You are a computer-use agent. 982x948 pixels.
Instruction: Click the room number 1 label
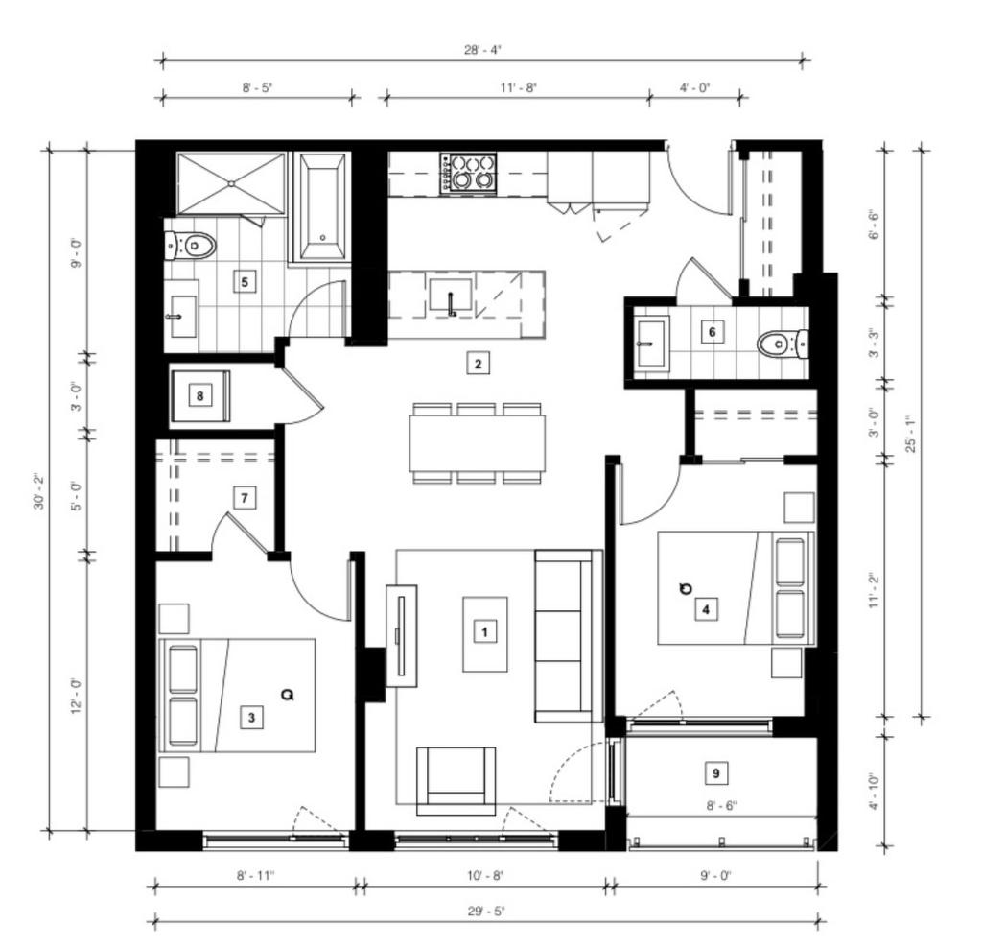pyautogui.click(x=485, y=631)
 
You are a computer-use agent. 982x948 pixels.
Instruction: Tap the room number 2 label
pyautogui.click(x=477, y=363)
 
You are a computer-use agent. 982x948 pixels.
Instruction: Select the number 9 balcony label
pyautogui.click(x=715, y=771)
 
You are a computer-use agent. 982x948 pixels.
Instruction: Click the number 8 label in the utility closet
pyautogui.click(x=199, y=395)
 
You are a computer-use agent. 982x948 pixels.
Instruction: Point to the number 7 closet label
pyautogui.click(x=245, y=498)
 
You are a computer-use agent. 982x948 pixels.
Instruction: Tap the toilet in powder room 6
pyautogui.click(x=779, y=344)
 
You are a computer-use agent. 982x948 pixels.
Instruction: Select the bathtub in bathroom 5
pyautogui.click(x=321, y=206)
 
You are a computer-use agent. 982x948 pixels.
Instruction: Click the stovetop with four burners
pyautogui.click(x=469, y=173)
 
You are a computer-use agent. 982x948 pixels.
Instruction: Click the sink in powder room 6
pyautogui.click(x=652, y=340)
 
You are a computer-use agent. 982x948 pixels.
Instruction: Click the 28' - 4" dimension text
pyautogui.click(x=479, y=52)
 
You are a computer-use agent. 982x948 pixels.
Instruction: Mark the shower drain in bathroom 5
pyautogui.click(x=231, y=182)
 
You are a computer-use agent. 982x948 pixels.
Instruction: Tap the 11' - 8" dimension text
pyautogui.click(x=518, y=86)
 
